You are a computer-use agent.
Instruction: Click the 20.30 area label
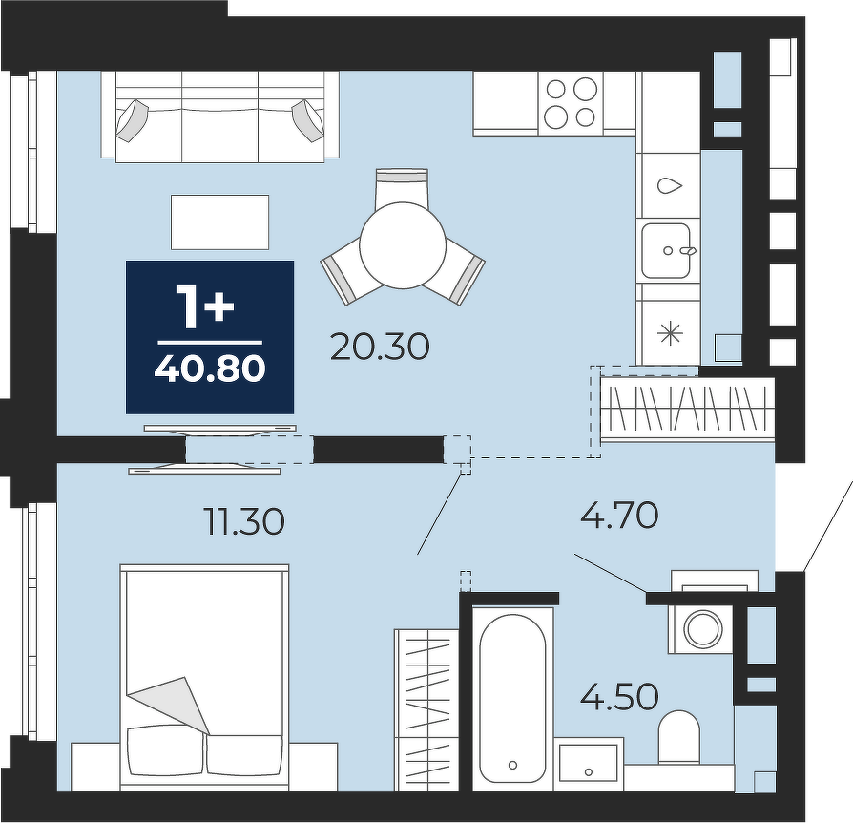click(x=380, y=348)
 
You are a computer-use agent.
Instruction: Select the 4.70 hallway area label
click(x=619, y=515)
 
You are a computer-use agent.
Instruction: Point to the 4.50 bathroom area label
click(x=619, y=697)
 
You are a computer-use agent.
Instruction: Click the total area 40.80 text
click(x=210, y=369)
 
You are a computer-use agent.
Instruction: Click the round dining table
click(x=403, y=245)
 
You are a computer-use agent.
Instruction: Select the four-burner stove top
click(x=571, y=102)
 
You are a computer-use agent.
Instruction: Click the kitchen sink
click(x=666, y=250)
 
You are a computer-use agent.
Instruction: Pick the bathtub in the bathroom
click(x=512, y=698)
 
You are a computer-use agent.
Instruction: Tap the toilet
click(x=679, y=736)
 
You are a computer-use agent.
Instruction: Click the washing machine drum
click(x=703, y=628)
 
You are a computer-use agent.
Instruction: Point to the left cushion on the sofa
click(x=132, y=120)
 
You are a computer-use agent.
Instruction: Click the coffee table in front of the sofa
click(x=219, y=222)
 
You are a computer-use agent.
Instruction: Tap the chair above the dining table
click(x=402, y=188)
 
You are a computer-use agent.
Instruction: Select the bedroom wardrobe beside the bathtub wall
click(x=427, y=709)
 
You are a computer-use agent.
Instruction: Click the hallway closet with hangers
click(x=687, y=409)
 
